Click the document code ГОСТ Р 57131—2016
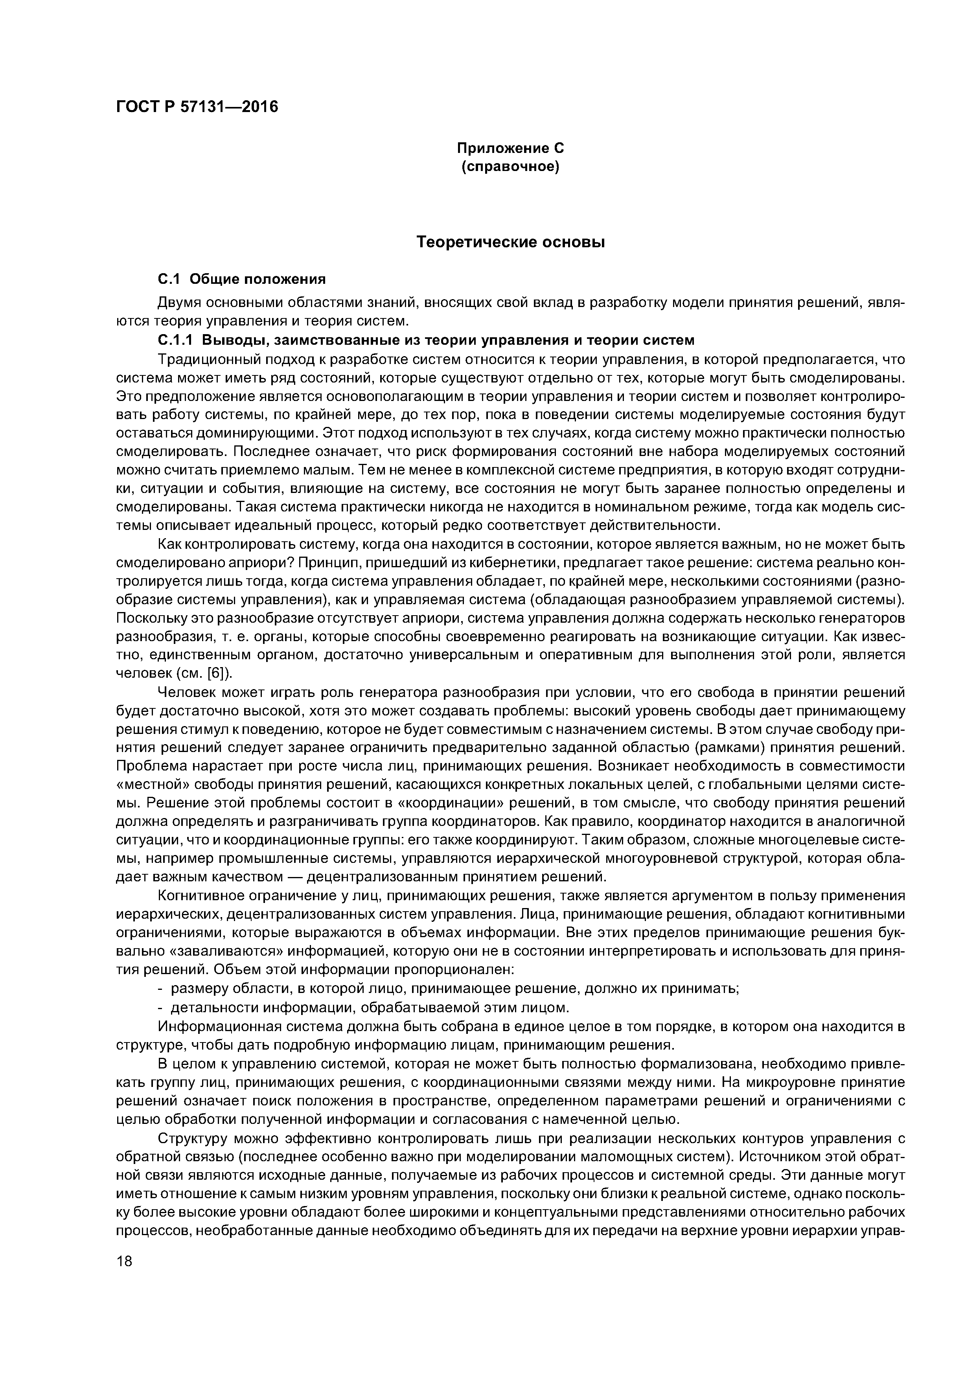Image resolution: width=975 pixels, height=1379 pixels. click(x=197, y=107)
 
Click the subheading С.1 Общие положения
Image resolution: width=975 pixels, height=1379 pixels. click(x=241, y=279)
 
